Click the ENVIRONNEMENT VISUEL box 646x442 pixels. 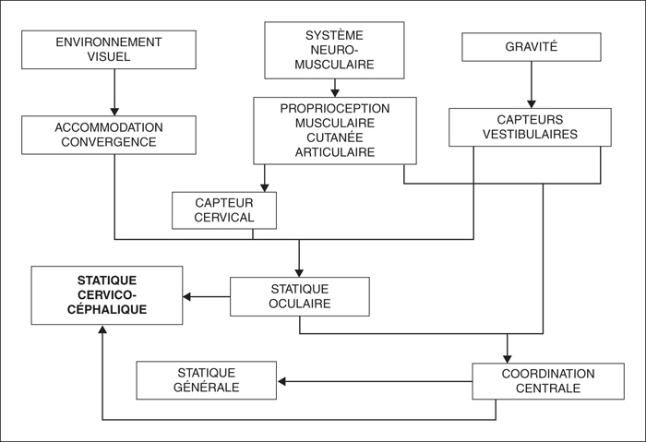pyautogui.click(x=109, y=50)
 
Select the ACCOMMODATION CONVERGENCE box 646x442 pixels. pyautogui.click(x=109, y=135)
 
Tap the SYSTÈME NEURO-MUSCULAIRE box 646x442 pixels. pyautogui.click(x=334, y=50)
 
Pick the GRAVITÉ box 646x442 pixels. pyautogui.click(x=531, y=47)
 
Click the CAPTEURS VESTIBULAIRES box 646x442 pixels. pyautogui.click(x=530, y=127)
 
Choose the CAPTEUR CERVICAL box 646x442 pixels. pyautogui.click(x=224, y=210)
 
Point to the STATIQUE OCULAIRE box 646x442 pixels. pyautogui.click(x=300, y=296)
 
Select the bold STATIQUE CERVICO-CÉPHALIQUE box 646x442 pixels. pyautogui.click(x=107, y=295)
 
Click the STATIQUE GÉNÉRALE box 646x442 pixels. pyautogui.click(x=207, y=380)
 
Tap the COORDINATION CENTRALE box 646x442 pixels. pyautogui.click(x=548, y=381)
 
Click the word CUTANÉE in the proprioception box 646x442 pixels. pyautogui.click(x=334, y=137)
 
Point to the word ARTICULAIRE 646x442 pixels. pyautogui.click(x=334, y=152)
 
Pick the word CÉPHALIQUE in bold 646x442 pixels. pyautogui.click(x=107, y=309)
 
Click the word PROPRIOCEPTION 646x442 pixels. pyautogui.click(x=334, y=109)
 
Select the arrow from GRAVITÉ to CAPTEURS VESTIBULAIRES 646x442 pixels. pyautogui.click(x=532, y=85)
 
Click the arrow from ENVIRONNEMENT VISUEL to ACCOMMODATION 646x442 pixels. pyautogui.click(x=114, y=92)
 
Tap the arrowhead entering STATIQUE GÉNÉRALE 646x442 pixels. pyautogui.click(x=281, y=381)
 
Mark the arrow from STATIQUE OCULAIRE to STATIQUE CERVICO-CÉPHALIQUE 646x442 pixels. pyautogui.click(x=207, y=296)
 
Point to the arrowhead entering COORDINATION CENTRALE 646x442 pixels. pyautogui.click(x=508, y=358)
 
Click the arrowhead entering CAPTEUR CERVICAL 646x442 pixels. pyautogui.click(x=265, y=187)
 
